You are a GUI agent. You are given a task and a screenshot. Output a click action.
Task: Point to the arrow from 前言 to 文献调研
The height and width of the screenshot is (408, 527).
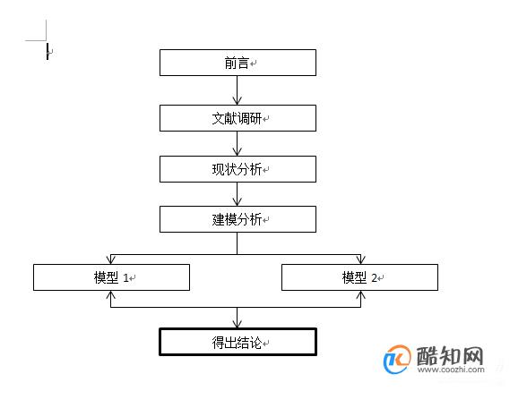point(238,90)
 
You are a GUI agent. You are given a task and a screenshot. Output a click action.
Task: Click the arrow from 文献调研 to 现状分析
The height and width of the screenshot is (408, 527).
point(238,143)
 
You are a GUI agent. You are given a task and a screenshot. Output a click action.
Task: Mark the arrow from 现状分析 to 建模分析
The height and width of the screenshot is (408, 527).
point(238,194)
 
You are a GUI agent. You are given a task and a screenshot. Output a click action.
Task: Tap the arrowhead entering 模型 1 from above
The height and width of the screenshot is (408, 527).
point(111,259)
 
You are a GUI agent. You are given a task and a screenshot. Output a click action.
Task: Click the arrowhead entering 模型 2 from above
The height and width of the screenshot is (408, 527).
point(361,259)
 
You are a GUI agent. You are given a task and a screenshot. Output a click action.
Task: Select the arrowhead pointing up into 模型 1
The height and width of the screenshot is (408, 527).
point(111,295)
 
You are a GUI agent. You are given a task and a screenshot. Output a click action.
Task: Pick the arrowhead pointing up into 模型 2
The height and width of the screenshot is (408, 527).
point(361,295)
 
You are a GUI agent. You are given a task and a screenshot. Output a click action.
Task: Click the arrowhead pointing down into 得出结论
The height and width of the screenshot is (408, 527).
point(238,324)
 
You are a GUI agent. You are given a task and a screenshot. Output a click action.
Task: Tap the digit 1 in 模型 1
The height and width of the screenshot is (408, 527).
point(125,278)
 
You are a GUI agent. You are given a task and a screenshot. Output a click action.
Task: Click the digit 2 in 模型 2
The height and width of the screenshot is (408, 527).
point(374,278)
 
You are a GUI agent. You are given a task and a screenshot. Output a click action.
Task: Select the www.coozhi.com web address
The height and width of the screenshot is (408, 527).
point(451,370)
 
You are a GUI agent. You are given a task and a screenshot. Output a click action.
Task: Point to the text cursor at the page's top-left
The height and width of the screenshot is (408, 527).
point(48,51)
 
